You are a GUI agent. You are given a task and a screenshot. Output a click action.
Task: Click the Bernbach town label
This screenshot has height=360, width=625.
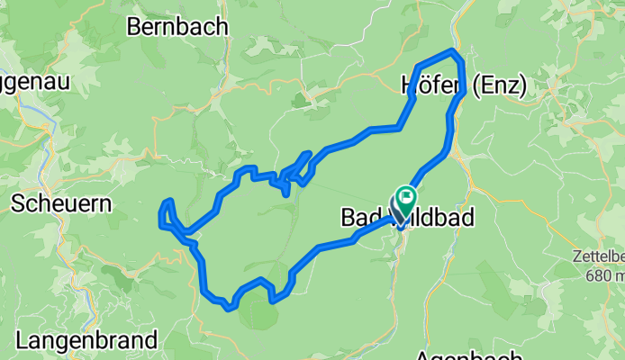177,27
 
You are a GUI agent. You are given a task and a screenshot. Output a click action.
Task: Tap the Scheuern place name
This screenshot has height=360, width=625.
61,203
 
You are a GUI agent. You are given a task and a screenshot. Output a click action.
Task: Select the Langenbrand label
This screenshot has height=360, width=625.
86,340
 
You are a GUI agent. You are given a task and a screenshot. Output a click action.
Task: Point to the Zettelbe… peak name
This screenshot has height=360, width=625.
599,256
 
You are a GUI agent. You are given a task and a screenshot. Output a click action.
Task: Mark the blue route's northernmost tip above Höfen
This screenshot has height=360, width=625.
453,51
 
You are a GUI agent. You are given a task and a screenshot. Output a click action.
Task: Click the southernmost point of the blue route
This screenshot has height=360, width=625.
231,309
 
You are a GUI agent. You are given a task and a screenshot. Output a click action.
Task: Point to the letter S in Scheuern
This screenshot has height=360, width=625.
18,203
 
